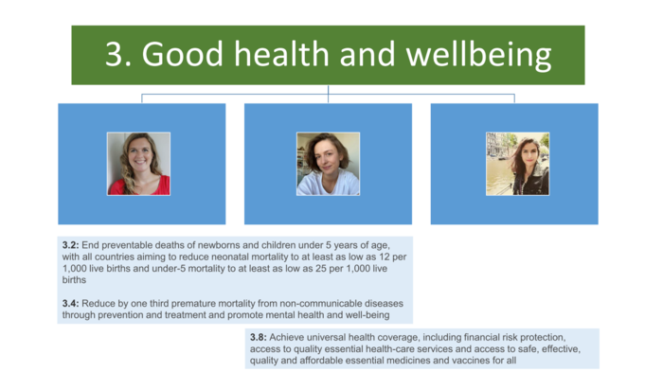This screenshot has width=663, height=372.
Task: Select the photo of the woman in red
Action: coord(138,163)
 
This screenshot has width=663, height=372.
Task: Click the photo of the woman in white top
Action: coord(328,163)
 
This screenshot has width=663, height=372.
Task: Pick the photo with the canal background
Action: coord(517,163)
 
